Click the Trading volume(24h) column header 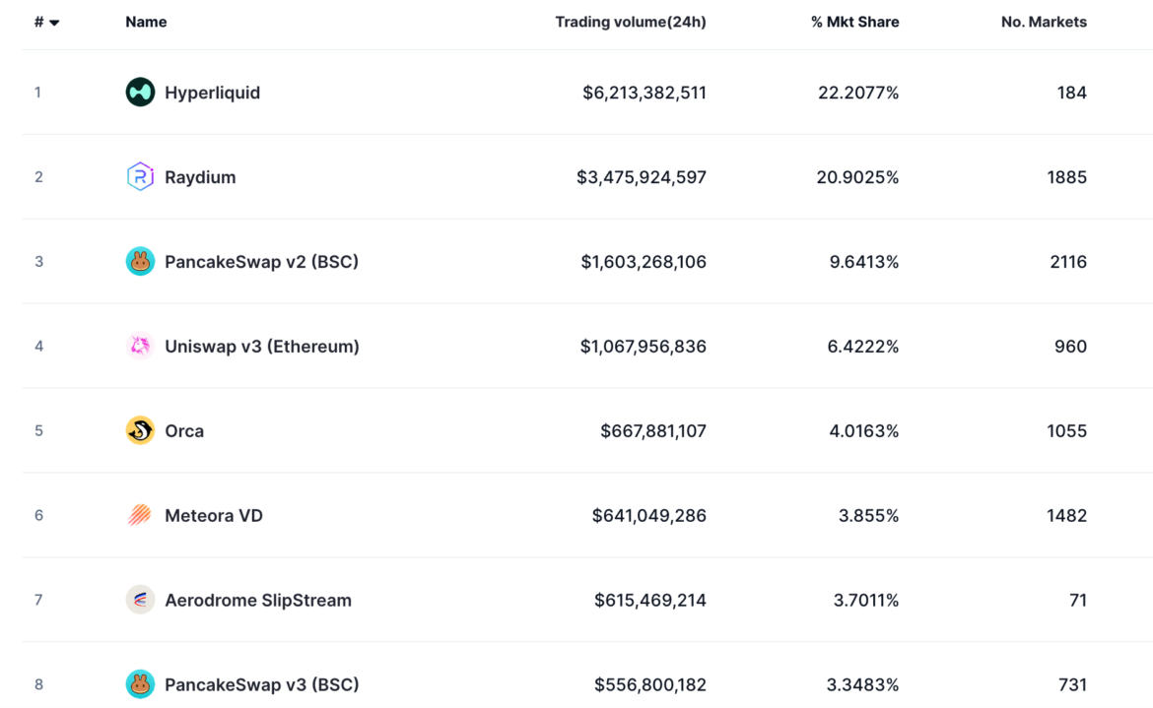click(x=630, y=22)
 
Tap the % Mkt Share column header click(x=854, y=22)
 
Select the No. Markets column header click(x=1044, y=22)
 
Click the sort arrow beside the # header click(x=54, y=23)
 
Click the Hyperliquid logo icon click(x=140, y=93)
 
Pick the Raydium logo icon click(x=140, y=177)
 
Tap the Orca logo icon click(x=140, y=430)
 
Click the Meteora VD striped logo click(x=140, y=515)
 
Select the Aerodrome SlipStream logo click(x=140, y=600)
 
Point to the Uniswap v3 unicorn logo click(x=140, y=346)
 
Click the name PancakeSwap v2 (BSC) click(x=261, y=262)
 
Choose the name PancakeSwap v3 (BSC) click(x=261, y=684)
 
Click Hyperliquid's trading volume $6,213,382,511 click(x=644, y=93)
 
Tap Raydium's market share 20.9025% click(x=857, y=177)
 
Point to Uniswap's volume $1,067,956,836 click(x=643, y=347)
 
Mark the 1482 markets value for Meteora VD click(x=1066, y=515)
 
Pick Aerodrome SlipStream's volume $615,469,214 click(x=649, y=600)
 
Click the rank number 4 click(x=39, y=347)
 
